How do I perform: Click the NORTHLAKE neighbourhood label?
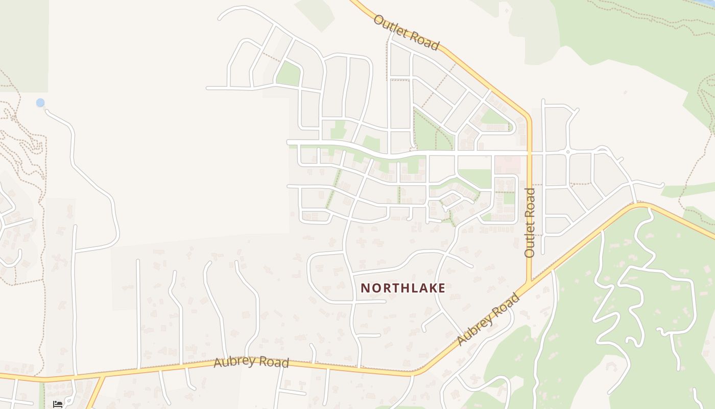click(403, 288)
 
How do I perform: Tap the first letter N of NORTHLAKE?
click(365, 288)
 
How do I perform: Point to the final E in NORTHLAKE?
click(442, 288)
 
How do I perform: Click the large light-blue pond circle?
click(40, 103)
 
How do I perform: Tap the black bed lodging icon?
click(58, 404)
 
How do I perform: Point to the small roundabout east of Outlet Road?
click(568, 152)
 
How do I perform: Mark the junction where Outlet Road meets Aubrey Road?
click(530, 282)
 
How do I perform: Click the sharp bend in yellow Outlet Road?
click(528, 117)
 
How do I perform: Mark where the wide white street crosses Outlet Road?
click(530, 152)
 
